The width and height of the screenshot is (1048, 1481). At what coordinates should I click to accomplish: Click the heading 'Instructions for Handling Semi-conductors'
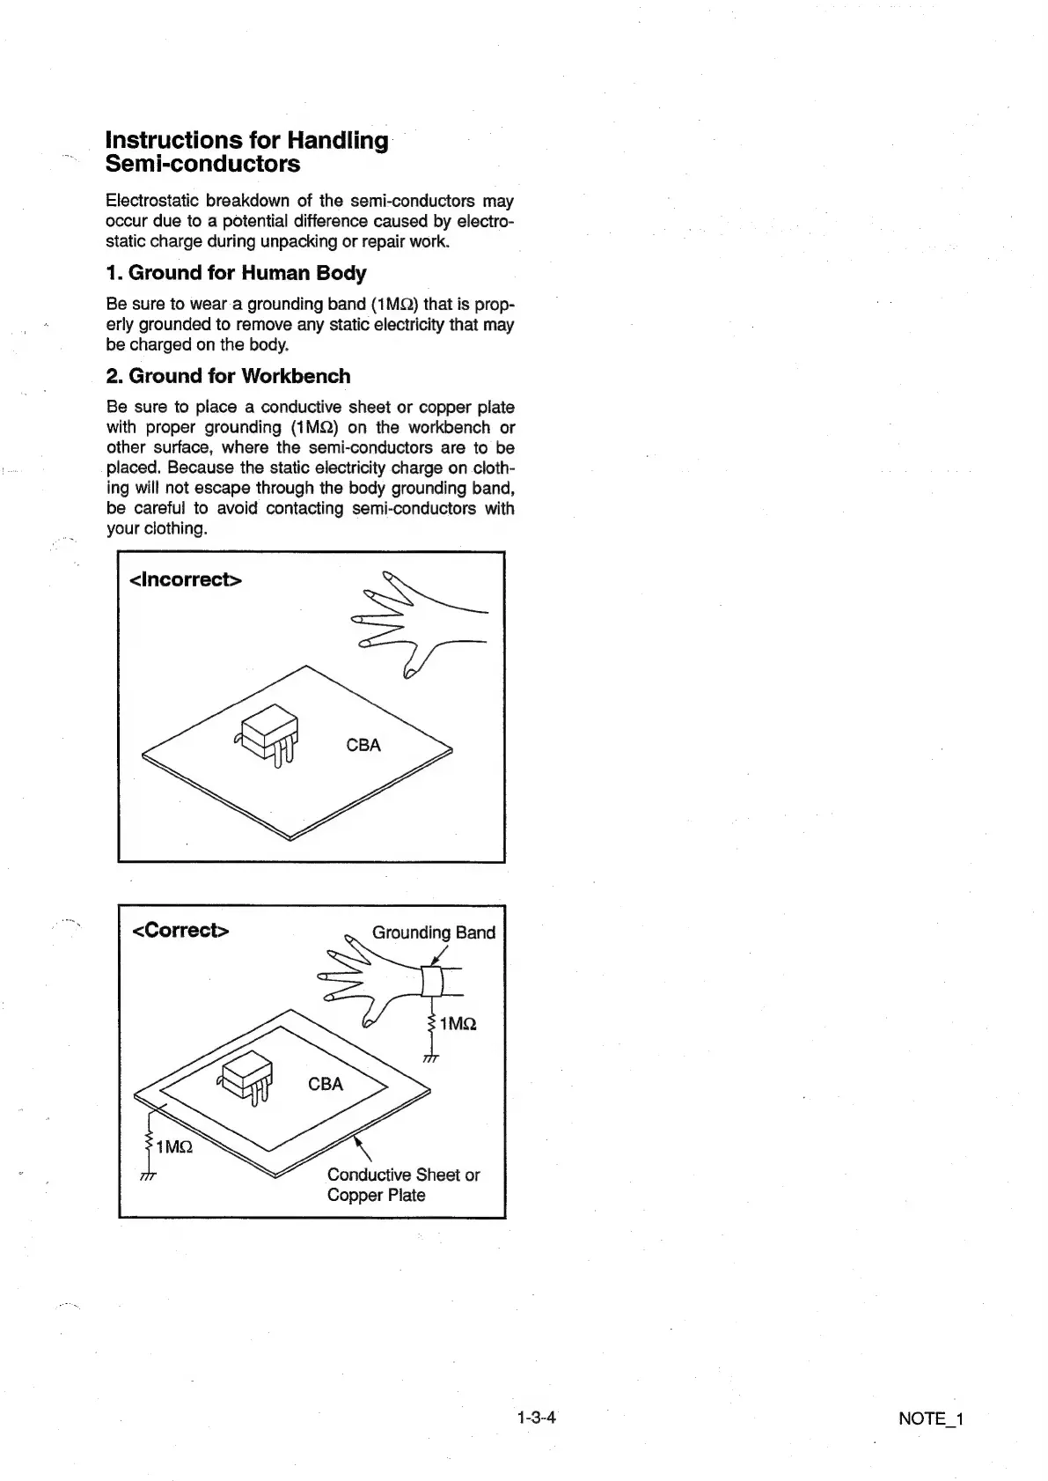click(x=246, y=151)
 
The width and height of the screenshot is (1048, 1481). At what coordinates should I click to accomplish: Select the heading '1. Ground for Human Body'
click(x=236, y=273)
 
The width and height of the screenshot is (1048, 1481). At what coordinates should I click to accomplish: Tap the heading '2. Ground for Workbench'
click(x=228, y=376)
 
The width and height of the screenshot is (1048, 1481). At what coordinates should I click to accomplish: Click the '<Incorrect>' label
click(x=186, y=579)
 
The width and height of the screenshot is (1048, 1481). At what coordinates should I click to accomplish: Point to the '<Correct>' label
click(x=180, y=931)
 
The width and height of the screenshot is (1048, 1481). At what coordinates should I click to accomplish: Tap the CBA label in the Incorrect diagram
click(x=363, y=745)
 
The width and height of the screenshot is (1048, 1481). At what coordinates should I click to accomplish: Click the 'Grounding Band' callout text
click(x=434, y=932)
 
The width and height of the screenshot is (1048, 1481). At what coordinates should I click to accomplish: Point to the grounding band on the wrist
click(x=431, y=980)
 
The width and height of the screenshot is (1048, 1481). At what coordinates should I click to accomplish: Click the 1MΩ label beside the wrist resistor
click(x=458, y=1023)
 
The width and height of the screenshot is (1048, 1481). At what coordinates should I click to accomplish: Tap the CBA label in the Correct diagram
click(x=326, y=1084)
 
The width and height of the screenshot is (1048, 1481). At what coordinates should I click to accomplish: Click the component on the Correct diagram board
click(x=246, y=1076)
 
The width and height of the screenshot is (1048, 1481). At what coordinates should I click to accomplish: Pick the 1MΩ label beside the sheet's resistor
click(x=173, y=1147)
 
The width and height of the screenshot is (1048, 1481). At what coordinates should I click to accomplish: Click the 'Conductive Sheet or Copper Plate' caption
click(x=403, y=1184)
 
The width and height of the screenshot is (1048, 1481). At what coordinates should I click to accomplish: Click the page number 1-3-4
click(x=537, y=1418)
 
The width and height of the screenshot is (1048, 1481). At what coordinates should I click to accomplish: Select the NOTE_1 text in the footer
click(x=931, y=1418)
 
